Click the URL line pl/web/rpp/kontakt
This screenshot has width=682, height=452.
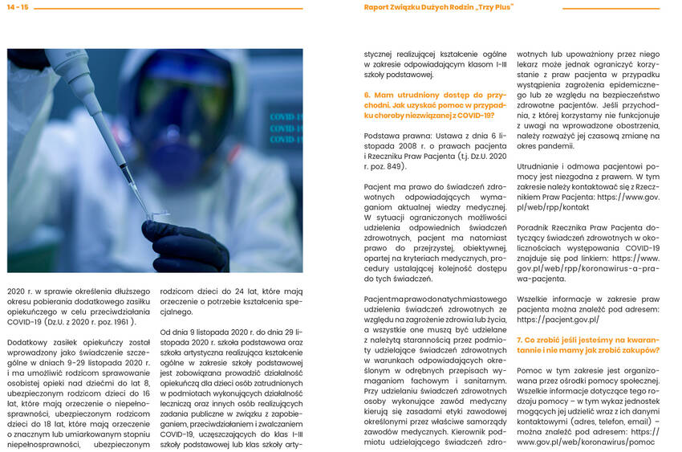coord(553,207)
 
